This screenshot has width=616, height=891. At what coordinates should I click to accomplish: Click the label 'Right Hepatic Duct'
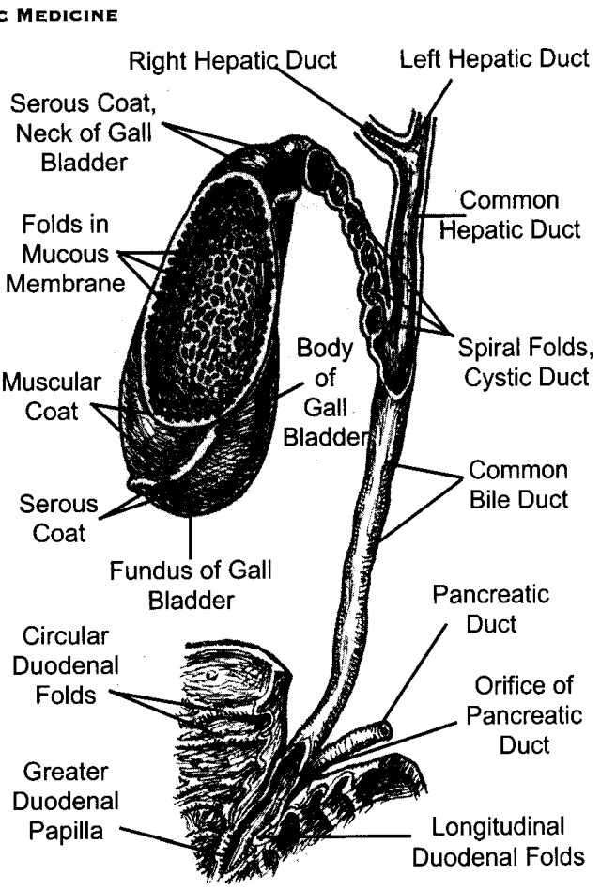[x=233, y=60]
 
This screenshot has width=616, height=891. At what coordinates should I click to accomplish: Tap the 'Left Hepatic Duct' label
[x=495, y=58]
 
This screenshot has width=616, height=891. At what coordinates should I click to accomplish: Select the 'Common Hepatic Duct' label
[x=510, y=215]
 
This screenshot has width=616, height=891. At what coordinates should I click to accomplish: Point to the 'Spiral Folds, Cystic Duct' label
[x=526, y=363]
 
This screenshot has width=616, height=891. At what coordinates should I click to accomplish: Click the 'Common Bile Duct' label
[x=518, y=485]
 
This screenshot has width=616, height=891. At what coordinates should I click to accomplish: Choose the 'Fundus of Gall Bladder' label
[x=191, y=586]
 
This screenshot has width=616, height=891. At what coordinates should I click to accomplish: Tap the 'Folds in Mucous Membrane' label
[x=66, y=254]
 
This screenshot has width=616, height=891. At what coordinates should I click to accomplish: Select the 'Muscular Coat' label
[x=52, y=397]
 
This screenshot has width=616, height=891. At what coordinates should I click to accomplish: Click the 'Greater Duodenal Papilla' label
[x=66, y=801]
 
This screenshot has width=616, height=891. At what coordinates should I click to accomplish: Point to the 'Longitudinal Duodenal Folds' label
[x=499, y=841]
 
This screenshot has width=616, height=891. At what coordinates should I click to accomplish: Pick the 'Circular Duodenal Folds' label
[x=66, y=665]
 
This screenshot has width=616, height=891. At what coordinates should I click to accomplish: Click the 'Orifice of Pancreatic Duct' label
[x=524, y=715]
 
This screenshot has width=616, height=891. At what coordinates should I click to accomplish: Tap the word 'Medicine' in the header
[x=67, y=15]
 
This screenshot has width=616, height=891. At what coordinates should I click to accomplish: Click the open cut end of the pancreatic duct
[x=386, y=729]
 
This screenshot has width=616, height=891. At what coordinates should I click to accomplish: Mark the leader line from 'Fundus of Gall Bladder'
[x=191, y=536]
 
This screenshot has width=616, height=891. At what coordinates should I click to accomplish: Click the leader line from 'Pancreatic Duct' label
[x=415, y=674]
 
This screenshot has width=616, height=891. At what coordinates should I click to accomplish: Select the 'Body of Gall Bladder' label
[x=325, y=392]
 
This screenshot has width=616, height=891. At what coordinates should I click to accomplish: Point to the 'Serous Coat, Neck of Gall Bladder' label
[x=84, y=133]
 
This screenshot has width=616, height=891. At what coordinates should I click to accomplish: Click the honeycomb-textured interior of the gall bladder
[x=211, y=295]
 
